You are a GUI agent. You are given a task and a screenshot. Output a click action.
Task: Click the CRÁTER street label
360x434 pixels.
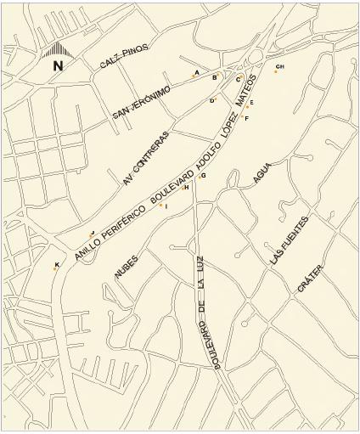[310, 281]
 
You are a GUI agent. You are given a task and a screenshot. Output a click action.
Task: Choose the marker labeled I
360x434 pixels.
[160, 205]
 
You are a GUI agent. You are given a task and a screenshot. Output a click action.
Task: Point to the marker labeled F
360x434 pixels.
[243, 116]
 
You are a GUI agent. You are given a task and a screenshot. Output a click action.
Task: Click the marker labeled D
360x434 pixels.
[216, 99]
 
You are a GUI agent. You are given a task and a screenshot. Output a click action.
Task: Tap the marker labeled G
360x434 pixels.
[198, 177]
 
